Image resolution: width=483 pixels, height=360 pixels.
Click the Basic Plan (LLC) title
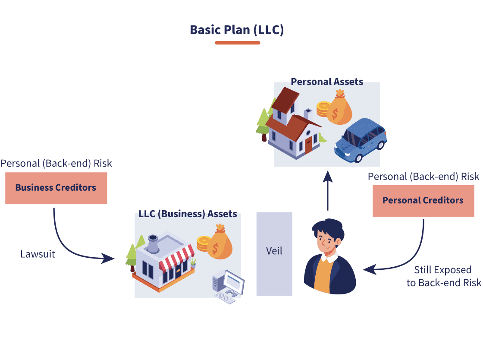[237, 30]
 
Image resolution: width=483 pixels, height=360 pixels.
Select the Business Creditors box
[56, 188]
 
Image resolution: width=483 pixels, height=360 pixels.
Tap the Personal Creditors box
[423, 201]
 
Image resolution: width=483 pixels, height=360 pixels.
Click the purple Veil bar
[274, 254]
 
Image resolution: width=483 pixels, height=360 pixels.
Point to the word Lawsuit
[38, 254]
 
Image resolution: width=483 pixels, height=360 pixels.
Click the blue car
[361, 140]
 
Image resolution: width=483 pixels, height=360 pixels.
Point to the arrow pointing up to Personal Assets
[327, 190]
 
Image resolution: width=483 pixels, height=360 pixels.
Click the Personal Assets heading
[327, 82]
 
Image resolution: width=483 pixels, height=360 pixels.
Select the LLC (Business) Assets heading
[188, 214]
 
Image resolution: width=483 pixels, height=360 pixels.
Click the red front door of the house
[308, 145]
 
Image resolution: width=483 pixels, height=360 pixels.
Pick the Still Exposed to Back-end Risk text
[444, 276]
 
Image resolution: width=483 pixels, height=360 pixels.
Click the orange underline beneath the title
[237, 43]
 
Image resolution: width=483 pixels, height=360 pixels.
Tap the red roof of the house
[288, 125]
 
